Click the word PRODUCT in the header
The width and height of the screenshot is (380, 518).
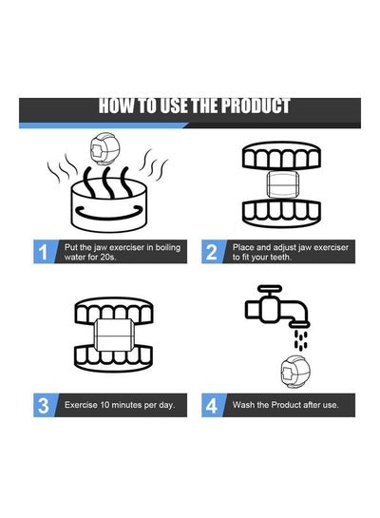(256, 106)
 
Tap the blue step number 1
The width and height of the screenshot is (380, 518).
(44, 252)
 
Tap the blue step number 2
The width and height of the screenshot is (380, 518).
(211, 252)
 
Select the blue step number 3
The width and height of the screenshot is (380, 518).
(44, 406)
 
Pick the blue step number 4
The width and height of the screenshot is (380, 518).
(211, 406)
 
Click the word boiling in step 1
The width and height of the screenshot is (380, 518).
(168, 248)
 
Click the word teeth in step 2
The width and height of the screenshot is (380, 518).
(281, 257)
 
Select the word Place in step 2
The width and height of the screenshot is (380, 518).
(243, 247)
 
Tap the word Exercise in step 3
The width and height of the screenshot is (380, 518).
(81, 405)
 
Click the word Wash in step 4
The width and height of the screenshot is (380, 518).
(243, 405)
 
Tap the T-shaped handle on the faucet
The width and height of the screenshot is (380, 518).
(270, 292)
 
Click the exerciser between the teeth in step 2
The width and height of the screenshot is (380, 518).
(283, 184)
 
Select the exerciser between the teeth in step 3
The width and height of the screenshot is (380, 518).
(114, 336)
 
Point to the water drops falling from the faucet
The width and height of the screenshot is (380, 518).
(301, 339)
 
